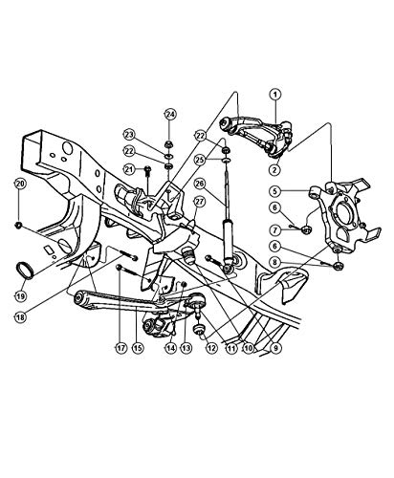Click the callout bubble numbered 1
click(x=275, y=95)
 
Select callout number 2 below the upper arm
click(x=274, y=169)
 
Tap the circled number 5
click(x=275, y=191)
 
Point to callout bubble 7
click(x=275, y=229)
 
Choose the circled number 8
click(x=275, y=263)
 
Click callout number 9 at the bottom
click(x=276, y=348)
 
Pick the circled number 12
click(x=211, y=348)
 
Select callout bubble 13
click(x=186, y=348)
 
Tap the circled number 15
click(x=138, y=348)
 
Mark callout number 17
click(x=120, y=348)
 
